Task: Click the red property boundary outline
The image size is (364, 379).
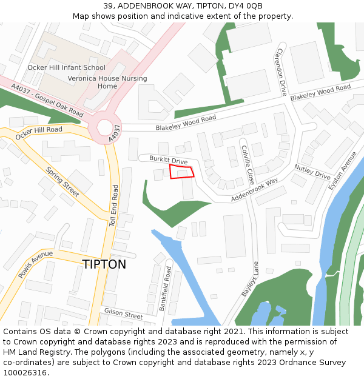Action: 182,172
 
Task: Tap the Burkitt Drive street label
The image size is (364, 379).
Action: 168,160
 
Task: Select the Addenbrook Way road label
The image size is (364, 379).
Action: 254,190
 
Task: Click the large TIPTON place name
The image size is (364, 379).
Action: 104,264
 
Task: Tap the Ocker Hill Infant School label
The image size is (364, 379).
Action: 66,68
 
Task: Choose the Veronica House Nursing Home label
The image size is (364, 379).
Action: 107,82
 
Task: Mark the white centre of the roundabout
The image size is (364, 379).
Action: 104,128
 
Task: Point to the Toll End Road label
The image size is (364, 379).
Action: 113,207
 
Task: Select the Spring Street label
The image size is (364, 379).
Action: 62,182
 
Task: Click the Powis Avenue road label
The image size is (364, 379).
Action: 36,264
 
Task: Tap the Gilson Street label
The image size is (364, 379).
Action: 123,314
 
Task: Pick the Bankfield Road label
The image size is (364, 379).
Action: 164,289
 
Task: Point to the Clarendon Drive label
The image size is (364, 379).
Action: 282,72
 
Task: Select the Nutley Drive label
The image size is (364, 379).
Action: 312,172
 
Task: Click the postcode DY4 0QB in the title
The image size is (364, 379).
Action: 245,5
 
